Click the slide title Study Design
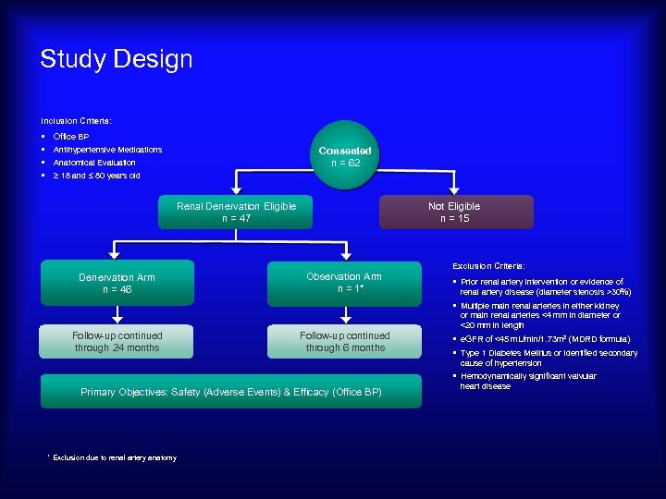click(117, 60)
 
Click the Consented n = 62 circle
click(345, 156)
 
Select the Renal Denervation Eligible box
click(236, 213)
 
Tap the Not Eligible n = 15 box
click(454, 213)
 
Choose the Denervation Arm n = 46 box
click(117, 283)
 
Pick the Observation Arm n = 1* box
click(344, 283)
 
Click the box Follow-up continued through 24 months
click(117, 342)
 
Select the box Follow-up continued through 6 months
click(344, 342)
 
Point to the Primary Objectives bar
click(230, 393)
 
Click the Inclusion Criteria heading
click(76, 121)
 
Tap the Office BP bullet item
click(71, 137)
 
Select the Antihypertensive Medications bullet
click(107, 150)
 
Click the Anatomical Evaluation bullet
click(94, 163)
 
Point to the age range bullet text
click(96, 176)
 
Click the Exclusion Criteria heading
click(488, 265)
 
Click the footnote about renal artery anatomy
click(114, 457)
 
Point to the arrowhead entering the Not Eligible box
click(454, 191)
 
